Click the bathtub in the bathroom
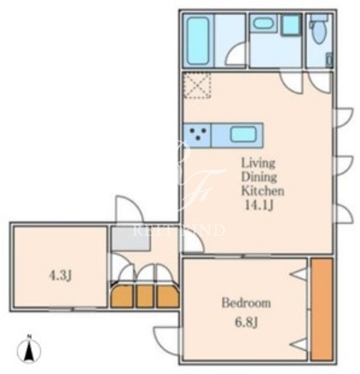(x=198, y=41)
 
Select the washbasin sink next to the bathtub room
(x=264, y=23)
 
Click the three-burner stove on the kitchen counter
(x=197, y=136)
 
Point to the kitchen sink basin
(x=243, y=135)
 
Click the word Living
(x=259, y=164)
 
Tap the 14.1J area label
(x=259, y=205)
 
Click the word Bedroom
(x=246, y=303)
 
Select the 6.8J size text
(x=247, y=323)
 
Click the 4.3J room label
(x=60, y=275)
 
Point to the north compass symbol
(x=29, y=349)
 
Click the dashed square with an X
(x=197, y=85)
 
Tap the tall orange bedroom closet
(x=322, y=310)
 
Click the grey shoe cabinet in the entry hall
(x=131, y=238)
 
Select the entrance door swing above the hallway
(x=129, y=208)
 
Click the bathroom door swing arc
(x=236, y=53)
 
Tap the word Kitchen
(x=262, y=190)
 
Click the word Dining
(x=259, y=177)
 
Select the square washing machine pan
(x=291, y=25)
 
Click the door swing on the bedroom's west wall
(x=168, y=340)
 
